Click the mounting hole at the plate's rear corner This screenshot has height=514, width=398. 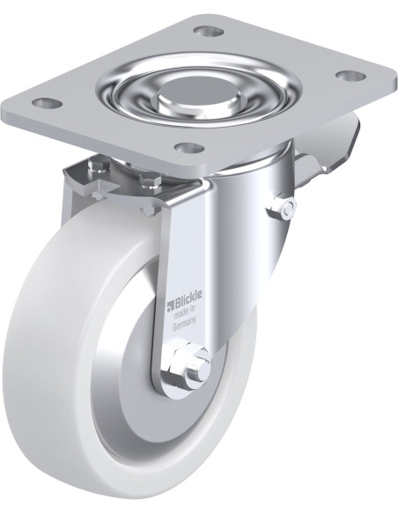pyautogui.click(x=209, y=32)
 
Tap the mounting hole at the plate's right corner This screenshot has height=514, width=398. pyautogui.click(x=351, y=76)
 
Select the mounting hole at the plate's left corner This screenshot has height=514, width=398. pyautogui.click(x=48, y=103)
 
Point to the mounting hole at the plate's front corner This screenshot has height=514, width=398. pyautogui.click(x=189, y=148)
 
